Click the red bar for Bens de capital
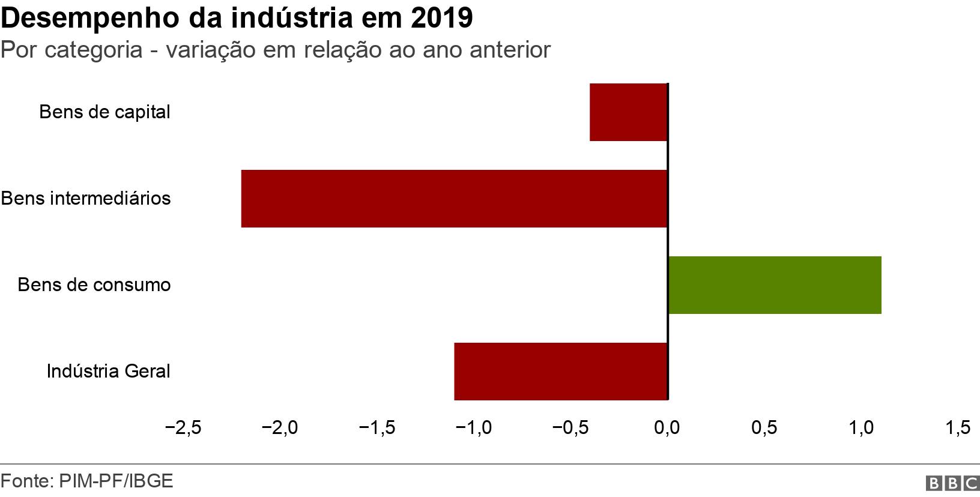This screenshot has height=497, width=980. point(629,112)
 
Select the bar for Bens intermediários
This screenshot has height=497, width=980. point(455,199)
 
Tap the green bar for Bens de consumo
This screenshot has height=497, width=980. point(775,285)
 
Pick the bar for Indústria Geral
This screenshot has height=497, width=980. point(561,371)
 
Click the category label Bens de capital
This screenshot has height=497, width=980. point(104,112)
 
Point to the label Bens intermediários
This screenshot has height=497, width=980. point(86,199)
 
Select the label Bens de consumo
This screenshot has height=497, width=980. point(94,285)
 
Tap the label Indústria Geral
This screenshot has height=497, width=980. point(109,371)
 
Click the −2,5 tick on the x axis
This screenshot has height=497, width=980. point(183,427)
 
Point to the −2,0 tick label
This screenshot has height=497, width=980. point(280,427)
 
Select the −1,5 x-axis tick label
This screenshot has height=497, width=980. point(377,427)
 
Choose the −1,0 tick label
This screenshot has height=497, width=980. point(474,427)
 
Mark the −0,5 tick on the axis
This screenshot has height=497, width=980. point(570,427)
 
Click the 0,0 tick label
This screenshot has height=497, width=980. point(667,427)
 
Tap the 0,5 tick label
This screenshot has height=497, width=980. point(764,427)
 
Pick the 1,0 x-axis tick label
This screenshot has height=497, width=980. point(861,427)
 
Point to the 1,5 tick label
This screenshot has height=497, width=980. point(958,427)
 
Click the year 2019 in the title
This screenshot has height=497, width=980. point(442,19)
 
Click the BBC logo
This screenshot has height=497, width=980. point(953,483)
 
